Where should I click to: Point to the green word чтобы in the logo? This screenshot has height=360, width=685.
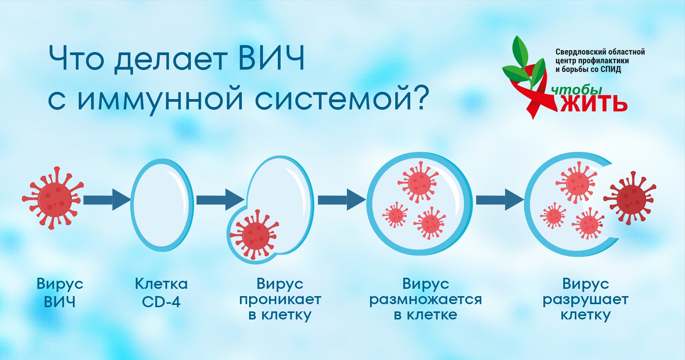tap(577, 90)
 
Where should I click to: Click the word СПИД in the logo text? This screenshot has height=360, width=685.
tap(611, 69)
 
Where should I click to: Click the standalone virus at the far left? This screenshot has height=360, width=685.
tap(52, 198)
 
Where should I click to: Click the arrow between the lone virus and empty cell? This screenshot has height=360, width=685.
tap(107, 200)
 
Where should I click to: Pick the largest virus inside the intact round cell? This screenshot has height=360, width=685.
tap(418, 182)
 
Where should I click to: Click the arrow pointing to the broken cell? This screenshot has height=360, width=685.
tap(500, 200)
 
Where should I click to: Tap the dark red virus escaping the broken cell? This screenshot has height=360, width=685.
tap(630, 198)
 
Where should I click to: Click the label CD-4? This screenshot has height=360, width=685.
tap(161, 302)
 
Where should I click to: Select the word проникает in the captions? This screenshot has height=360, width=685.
tap(280, 300)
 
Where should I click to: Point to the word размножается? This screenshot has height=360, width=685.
tap(426, 300)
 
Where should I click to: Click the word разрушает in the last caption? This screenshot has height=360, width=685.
tap(586, 300)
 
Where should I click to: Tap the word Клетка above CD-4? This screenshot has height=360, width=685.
tap(161, 284)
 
